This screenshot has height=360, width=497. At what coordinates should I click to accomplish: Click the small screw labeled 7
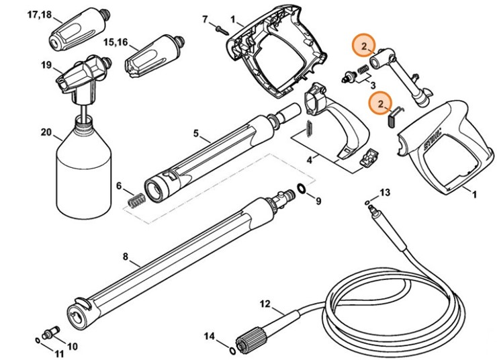click(x=219, y=26)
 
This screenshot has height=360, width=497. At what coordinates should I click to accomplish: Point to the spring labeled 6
click(x=137, y=199)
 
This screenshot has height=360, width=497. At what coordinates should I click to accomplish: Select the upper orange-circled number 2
click(x=363, y=46)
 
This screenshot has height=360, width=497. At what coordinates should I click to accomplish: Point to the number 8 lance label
click(x=125, y=256)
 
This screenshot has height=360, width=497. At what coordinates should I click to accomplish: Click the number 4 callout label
click(x=309, y=161)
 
